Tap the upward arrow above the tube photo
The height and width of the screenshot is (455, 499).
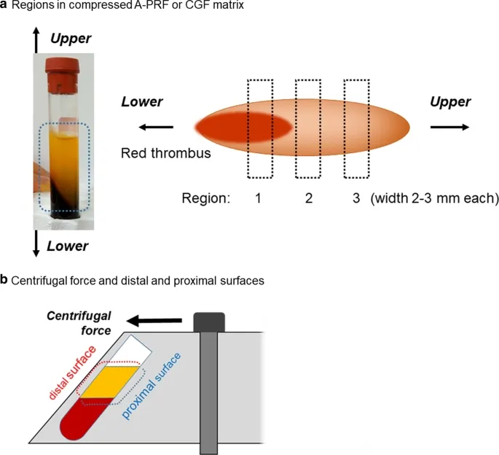click(x=36, y=40)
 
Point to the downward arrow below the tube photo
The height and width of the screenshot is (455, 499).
click(x=36, y=244)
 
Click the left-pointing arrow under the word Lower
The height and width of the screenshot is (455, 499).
click(x=156, y=128)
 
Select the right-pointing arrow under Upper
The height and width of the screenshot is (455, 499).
click(x=449, y=127)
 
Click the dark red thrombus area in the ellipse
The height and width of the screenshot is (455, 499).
click(x=243, y=127)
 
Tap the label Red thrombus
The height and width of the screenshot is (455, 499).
click(x=166, y=153)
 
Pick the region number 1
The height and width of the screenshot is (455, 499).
click(x=258, y=198)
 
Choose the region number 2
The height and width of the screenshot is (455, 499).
click(x=309, y=198)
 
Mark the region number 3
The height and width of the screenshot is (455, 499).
click(x=356, y=198)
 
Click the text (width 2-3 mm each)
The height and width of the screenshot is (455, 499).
click(x=435, y=198)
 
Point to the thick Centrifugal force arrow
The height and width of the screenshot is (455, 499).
click(x=154, y=321)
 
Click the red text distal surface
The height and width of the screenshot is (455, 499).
click(x=72, y=373)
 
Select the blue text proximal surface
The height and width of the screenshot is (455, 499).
click(x=152, y=386)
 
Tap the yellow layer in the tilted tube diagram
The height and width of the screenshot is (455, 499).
click(x=110, y=382)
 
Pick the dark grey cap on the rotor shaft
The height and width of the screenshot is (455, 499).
click(x=209, y=322)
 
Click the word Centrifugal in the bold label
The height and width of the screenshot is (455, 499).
click(x=79, y=316)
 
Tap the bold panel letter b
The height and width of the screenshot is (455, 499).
click(x=4, y=280)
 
